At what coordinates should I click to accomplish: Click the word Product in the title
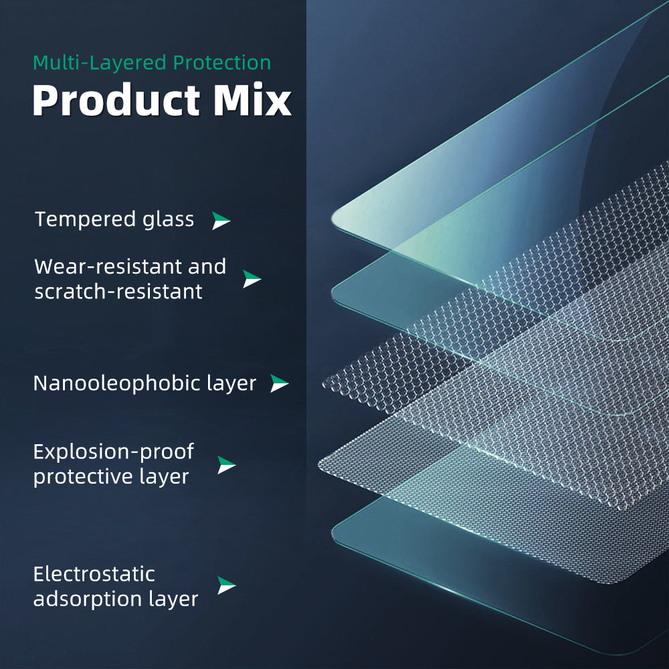pyautogui.click(x=116, y=100)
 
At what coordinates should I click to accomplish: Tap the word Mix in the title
pyautogui.click(x=252, y=100)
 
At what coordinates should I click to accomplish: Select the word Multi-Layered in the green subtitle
pyautogui.click(x=100, y=63)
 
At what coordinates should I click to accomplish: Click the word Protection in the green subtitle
pyautogui.click(x=222, y=63)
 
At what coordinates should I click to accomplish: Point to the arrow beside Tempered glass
pyautogui.click(x=221, y=221)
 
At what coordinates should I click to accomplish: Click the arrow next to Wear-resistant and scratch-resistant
pyautogui.click(x=252, y=278)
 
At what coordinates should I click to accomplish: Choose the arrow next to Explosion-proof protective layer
pyautogui.click(x=226, y=465)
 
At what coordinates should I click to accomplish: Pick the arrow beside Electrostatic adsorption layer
pyautogui.click(x=226, y=585)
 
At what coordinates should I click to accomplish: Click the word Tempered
pyautogui.click(x=85, y=220)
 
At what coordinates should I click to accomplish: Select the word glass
pyautogui.click(x=168, y=220)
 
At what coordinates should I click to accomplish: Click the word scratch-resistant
pyautogui.click(x=118, y=292)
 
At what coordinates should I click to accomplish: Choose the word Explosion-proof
pyautogui.click(x=114, y=452)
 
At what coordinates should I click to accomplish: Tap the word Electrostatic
pyautogui.click(x=94, y=574)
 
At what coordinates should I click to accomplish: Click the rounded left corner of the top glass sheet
pyautogui.click(x=334, y=217)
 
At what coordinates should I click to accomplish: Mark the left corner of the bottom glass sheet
pyautogui.click(x=334, y=532)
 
